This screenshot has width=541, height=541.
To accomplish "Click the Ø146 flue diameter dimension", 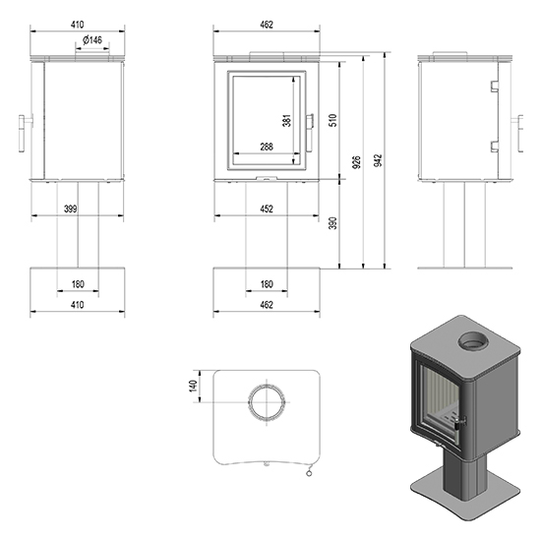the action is coord(92,40).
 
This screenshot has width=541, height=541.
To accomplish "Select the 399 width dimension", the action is coord(71,209).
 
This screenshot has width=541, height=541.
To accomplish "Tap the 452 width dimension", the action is coord(267,209).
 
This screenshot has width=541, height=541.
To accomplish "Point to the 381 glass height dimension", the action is coord(287,120).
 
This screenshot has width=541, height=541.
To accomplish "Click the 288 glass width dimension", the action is coord(267,147).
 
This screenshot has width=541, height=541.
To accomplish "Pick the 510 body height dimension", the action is coord(332,120).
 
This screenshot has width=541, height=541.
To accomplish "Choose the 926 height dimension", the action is coord(357,162).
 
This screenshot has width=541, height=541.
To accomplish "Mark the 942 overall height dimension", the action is coord(379,160).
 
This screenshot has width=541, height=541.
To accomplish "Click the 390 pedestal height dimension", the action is coord(332,223).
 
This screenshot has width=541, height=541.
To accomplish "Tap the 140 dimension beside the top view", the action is coord(193,386).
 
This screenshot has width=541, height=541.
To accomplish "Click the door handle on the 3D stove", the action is coord(459,422).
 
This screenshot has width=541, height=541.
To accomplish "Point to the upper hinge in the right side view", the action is coord(495,86).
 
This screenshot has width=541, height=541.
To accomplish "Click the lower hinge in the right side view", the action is coord(495,147).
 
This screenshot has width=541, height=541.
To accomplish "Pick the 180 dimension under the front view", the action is coord(267,284).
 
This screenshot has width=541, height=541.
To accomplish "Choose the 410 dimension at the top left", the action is coord(78,25).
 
